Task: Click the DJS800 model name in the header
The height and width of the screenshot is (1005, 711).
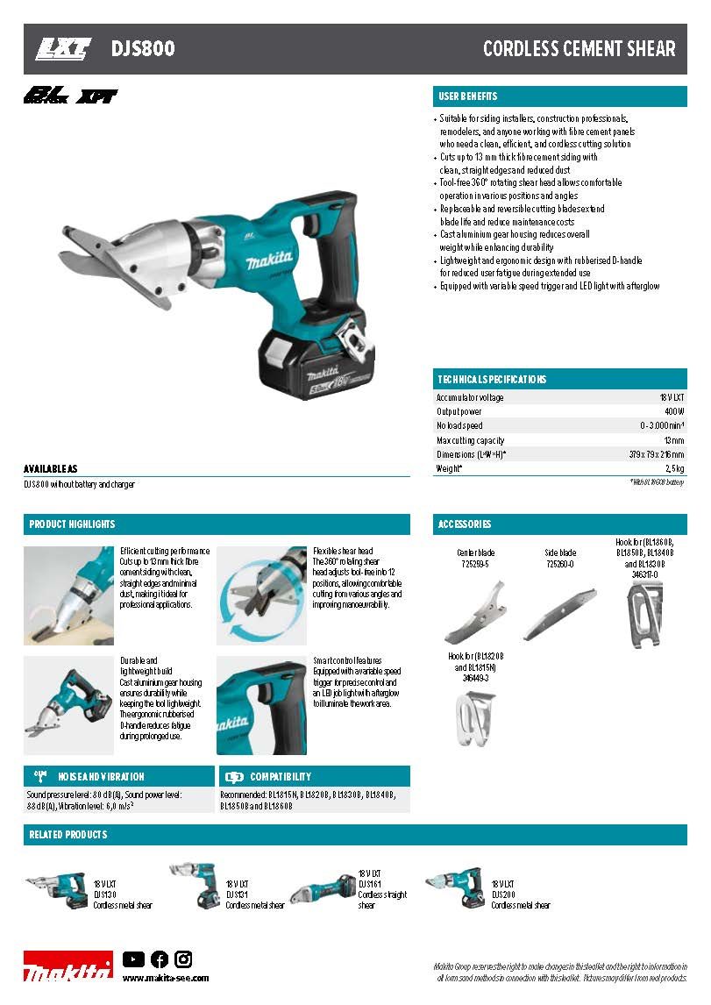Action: click(143, 49)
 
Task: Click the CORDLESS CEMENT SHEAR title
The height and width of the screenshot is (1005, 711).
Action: click(579, 49)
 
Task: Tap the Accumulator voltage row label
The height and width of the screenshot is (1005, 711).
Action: click(470, 397)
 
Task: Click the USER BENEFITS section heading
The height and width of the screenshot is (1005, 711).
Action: click(467, 96)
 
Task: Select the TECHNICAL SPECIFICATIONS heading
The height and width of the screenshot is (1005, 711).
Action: click(492, 379)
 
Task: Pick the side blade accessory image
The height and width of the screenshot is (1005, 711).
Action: click(560, 612)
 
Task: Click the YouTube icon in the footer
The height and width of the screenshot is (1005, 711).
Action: click(133, 959)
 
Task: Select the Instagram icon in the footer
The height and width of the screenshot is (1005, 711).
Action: click(183, 959)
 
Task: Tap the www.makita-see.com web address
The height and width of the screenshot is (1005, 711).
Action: click(166, 978)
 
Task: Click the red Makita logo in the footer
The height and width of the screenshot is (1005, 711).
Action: click(68, 966)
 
